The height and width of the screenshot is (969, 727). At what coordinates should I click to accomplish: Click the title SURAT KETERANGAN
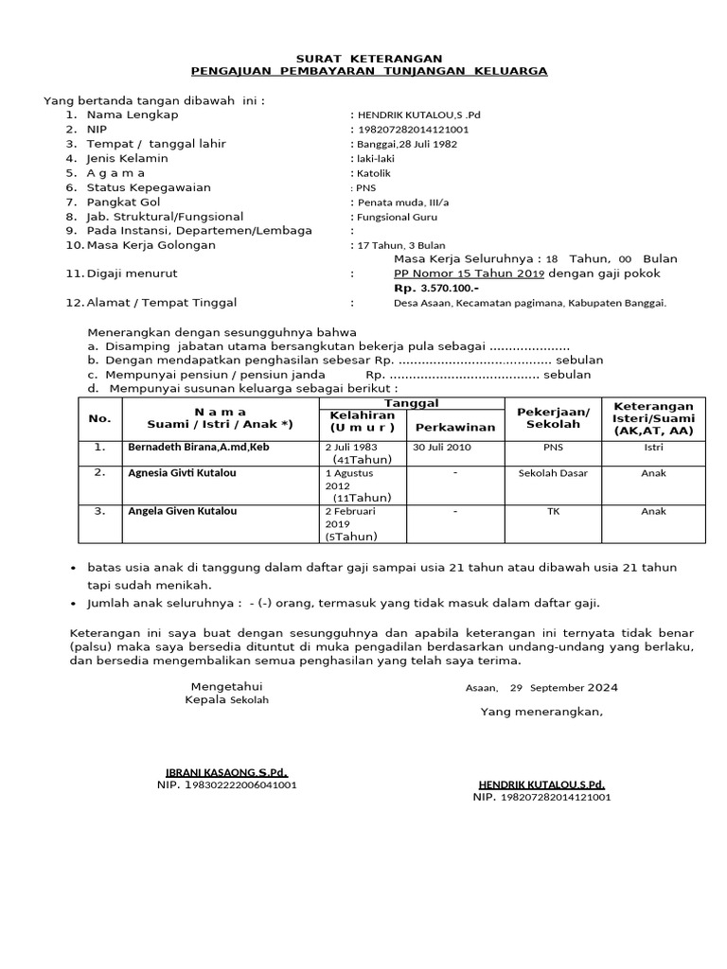(368, 58)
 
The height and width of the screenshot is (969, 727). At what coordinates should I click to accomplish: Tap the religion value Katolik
(374, 173)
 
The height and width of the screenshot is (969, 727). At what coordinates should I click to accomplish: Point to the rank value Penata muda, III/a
(400, 203)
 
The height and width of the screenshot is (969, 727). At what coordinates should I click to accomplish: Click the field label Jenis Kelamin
(127, 159)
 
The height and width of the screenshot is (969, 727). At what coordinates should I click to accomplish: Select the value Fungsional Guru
(397, 217)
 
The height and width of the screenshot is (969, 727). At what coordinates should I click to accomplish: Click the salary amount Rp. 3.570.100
(436, 288)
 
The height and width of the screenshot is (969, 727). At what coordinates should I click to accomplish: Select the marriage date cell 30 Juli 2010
(438, 447)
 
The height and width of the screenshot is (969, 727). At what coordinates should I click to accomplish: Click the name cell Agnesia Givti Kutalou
(182, 473)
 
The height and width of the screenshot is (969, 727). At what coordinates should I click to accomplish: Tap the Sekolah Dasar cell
(552, 473)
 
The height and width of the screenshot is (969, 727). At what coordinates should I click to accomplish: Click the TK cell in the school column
(552, 511)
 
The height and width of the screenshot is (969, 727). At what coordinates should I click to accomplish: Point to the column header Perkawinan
(455, 427)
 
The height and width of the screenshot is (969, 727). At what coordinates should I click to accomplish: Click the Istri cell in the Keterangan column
(653, 447)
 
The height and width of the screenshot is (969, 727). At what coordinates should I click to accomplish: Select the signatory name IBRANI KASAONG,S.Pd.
(226, 772)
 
